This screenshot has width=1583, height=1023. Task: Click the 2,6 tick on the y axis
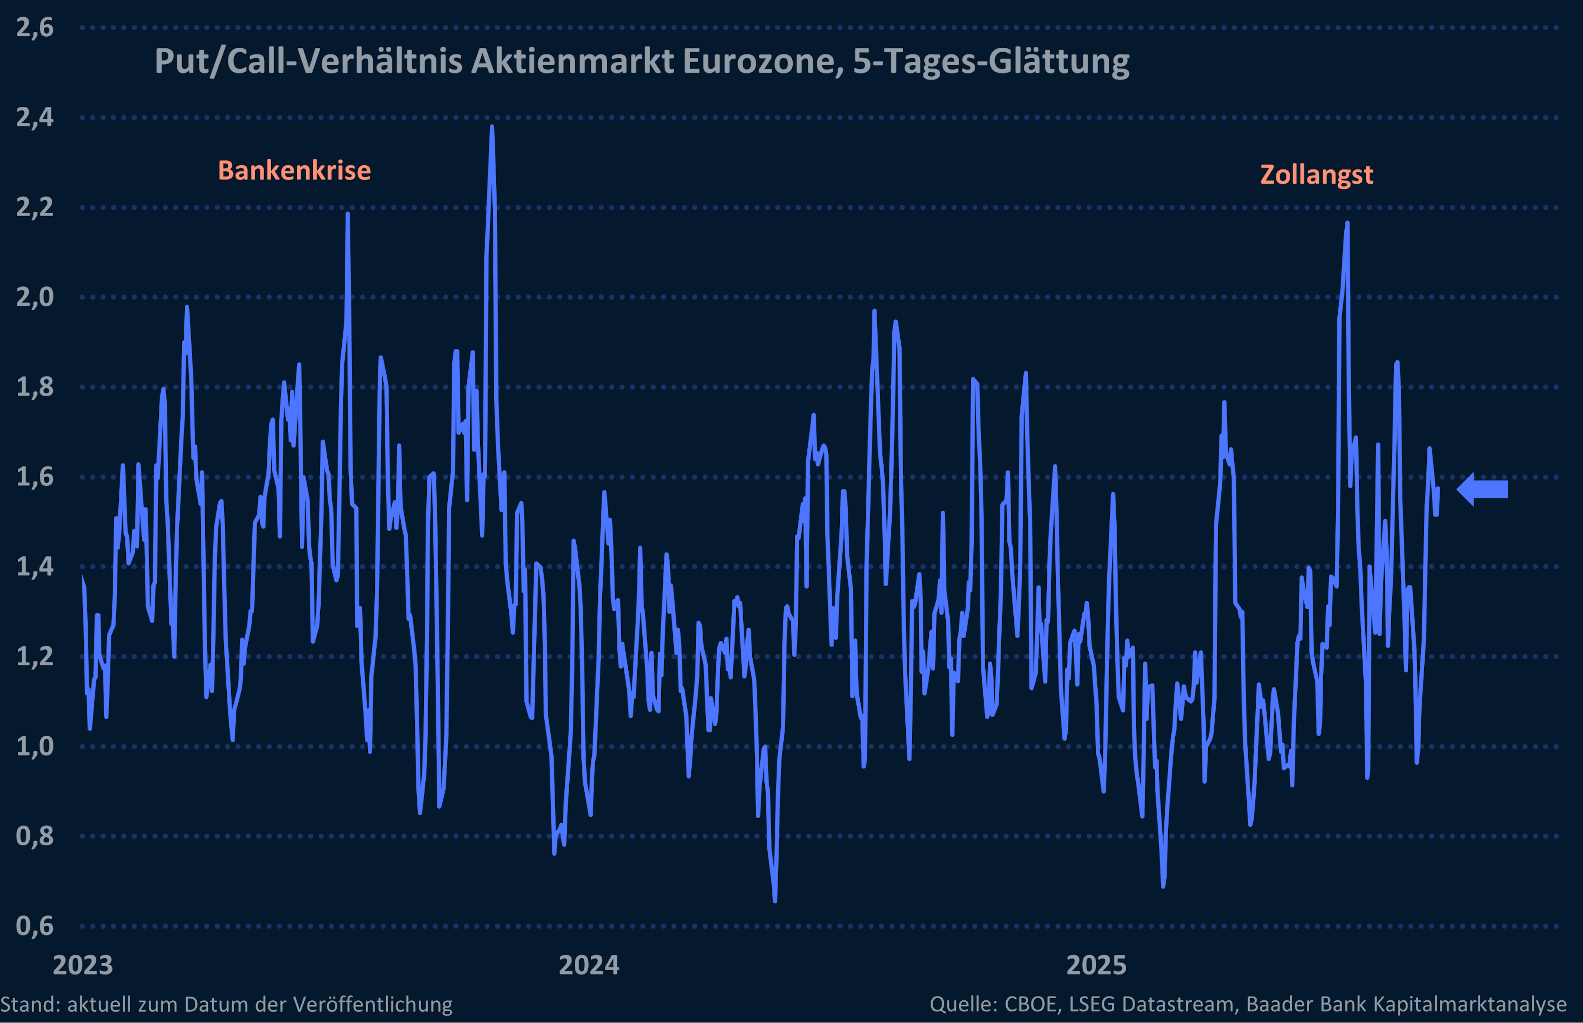(35, 28)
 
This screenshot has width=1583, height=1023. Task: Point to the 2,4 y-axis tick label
(35, 117)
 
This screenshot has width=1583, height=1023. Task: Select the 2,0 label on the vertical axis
(35, 297)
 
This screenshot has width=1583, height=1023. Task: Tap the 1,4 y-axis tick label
(35, 567)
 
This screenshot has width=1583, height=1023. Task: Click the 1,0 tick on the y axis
(35, 747)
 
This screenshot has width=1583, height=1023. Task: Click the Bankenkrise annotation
(294, 171)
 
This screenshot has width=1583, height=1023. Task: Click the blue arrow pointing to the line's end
(1483, 489)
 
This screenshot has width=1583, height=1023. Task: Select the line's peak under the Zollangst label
(1347, 223)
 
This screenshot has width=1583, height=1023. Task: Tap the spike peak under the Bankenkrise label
(348, 214)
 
